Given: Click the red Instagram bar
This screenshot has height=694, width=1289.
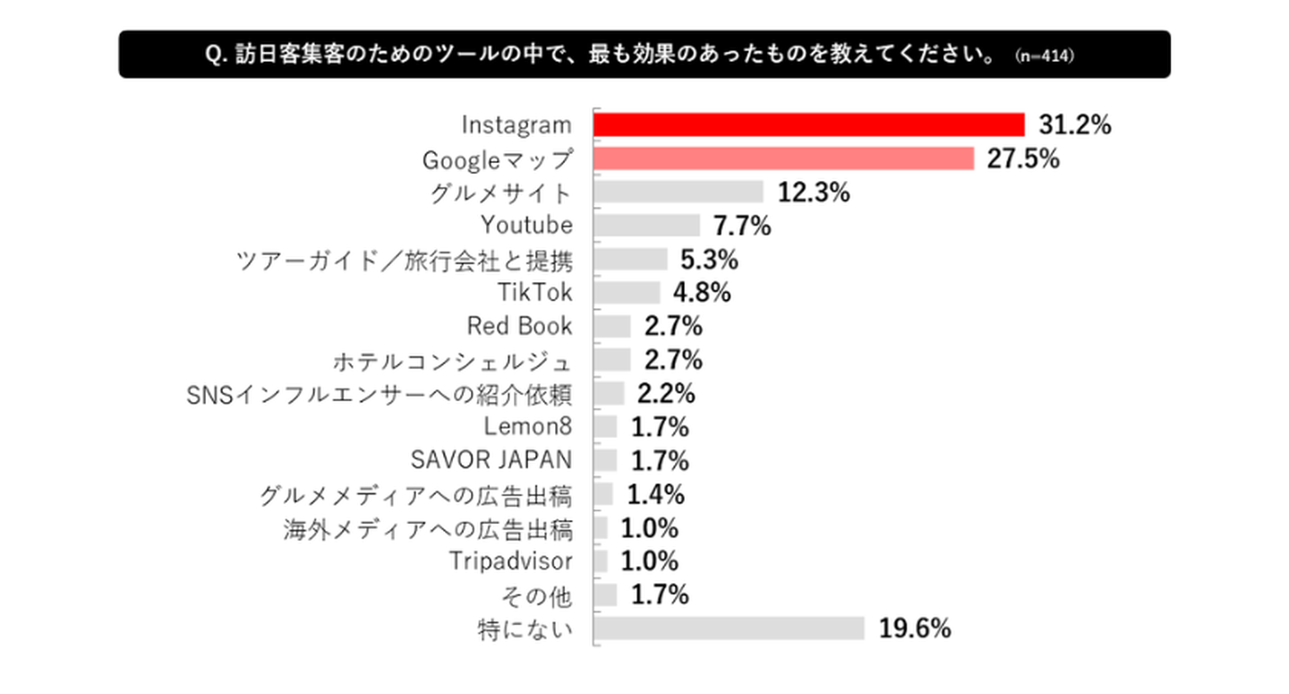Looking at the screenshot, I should pos(809,124).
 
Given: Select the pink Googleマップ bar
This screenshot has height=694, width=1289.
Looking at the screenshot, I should pos(784,159).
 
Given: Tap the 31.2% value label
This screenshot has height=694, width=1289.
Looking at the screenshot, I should pos(1074,124).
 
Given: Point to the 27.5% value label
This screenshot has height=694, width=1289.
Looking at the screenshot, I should pos(1024,159).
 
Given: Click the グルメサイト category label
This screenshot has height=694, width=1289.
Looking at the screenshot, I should pos(500,193).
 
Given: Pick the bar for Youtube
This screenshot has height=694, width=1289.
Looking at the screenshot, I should pos(647,226).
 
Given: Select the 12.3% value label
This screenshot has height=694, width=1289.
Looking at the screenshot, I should pos(814,193).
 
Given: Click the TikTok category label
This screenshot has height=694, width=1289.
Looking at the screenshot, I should pos(534,293).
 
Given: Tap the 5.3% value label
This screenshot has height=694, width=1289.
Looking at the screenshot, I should pos(710,260).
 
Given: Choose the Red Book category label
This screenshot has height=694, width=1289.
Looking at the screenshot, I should pos(519,326).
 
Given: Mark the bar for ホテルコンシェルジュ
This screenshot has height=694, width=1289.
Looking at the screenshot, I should pos(613,360).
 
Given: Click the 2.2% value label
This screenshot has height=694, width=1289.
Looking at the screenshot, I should pos(666,393).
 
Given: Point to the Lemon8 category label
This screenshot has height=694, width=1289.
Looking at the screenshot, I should pos(527,426).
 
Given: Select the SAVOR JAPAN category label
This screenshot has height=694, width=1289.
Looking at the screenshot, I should pos(491,460).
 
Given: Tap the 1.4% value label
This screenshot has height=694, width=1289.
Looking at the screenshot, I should pos(655,493).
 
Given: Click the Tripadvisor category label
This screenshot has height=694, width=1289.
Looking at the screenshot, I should pos(509,561).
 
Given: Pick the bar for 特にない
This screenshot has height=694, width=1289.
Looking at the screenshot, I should pos(730,628).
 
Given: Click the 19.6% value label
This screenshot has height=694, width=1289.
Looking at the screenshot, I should pos(914,628).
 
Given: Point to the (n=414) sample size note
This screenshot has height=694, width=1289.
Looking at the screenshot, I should pos(1046,56).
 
